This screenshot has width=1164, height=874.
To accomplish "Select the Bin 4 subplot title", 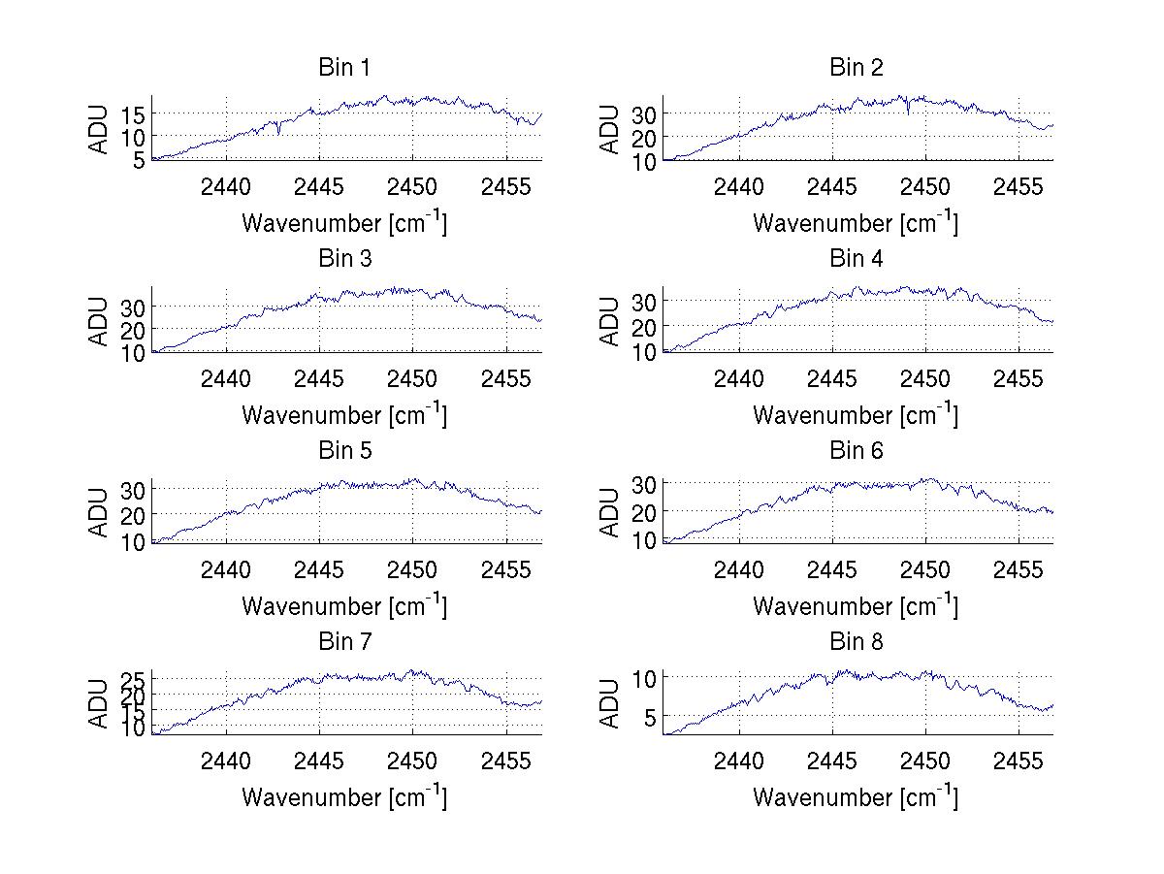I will (856, 259).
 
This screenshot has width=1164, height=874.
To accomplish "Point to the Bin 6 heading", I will (856, 451).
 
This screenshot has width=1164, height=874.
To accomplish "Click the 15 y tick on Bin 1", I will (134, 114).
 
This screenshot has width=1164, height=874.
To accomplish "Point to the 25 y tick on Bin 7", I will (134, 678).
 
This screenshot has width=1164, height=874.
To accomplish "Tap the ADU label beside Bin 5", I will (99, 512).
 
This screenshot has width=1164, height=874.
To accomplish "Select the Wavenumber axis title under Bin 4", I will (856, 414).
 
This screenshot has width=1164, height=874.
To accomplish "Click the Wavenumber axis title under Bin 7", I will (343, 797).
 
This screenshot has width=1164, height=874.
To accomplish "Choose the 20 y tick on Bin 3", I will (134, 329).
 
